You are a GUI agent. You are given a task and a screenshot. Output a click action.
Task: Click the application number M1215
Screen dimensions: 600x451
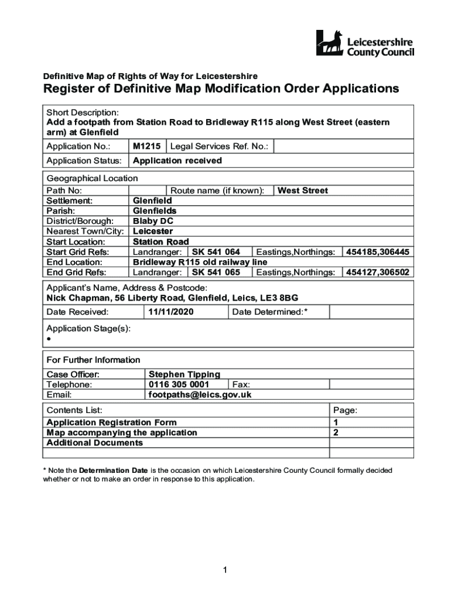pos(146,146)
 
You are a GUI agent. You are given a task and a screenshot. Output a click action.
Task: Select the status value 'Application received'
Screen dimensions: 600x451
pos(177,161)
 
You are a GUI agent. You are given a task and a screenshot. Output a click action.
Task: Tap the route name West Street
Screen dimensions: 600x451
pos(302,190)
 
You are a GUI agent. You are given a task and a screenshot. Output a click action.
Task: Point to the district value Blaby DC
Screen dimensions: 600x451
pos(153,221)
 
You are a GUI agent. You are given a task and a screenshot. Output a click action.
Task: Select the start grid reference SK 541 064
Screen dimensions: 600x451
pos(216,252)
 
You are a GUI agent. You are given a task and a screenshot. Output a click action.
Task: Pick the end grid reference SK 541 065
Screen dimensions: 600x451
pos(216,272)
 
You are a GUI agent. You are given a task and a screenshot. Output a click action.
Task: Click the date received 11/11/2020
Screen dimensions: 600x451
pos(170,312)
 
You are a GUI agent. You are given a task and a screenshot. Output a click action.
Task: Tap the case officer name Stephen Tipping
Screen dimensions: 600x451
pos(184,374)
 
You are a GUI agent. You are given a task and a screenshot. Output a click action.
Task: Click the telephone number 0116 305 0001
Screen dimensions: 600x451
pos(179,384)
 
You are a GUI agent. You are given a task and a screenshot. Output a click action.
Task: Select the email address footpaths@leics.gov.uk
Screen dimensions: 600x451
pos(200,395)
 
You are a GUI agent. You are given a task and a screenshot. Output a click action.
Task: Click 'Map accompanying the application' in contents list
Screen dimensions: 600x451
pos(122,432)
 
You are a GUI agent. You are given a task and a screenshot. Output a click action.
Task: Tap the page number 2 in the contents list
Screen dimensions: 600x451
pos(336,432)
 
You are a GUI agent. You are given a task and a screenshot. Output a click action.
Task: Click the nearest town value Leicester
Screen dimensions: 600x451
pos(153,231)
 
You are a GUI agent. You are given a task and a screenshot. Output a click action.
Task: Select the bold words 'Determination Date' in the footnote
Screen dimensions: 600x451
pos(114,471)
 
